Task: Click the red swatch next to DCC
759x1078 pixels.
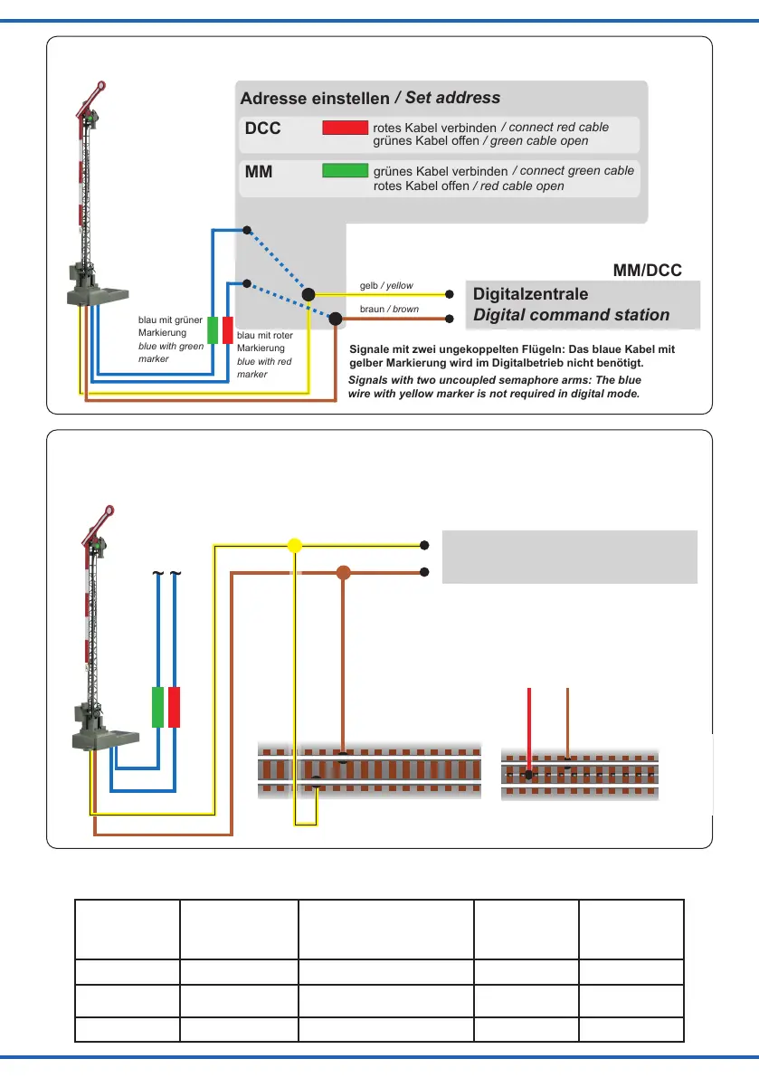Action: pyautogui.click(x=345, y=128)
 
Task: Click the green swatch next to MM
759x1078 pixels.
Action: pyautogui.click(x=345, y=170)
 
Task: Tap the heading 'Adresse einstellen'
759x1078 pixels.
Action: pyautogui.click(x=315, y=98)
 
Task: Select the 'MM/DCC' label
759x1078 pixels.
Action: pyautogui.click(x=647, y=270)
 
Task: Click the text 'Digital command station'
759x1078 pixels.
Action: pyautogui.click(x=572, y=315)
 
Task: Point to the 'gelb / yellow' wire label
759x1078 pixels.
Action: pyautogui.click(x=386, y=286)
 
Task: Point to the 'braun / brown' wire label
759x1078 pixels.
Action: pyautogui.click(x=389, y=310)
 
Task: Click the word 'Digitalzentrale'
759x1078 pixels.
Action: pyautogui.click(x=531, y=294)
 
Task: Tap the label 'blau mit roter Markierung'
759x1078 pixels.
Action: pyautogui.click(x=264, y=342)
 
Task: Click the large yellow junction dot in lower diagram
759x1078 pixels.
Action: pyautogui.click(x=294, y=546)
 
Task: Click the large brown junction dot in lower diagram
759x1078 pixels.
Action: pyautogui.click(x=343, y=572)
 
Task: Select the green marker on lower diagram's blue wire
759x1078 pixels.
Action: pyautogui.click(x=157, y=707)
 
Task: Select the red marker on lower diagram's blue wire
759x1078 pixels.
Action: pyautogui.click(x=175, y=707)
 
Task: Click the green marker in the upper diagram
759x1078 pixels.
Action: pyautogui.click(x=212, y=330)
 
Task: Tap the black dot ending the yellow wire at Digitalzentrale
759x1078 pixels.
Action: pyautogui.click(x=450, y=294)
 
